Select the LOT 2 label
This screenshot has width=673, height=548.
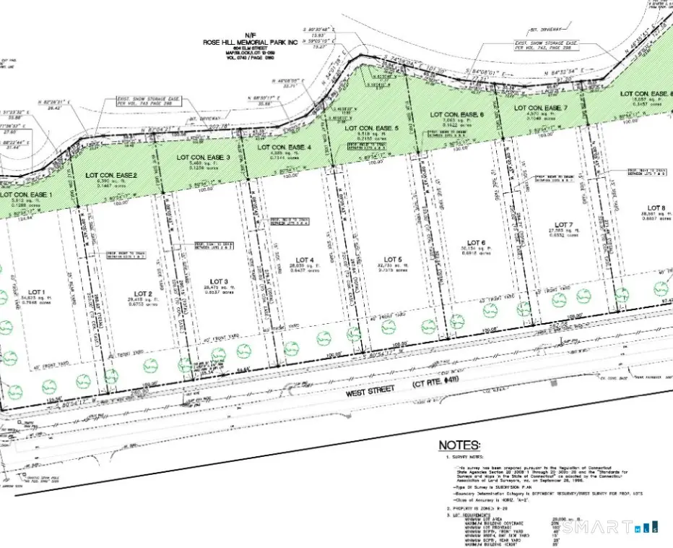point(141,293)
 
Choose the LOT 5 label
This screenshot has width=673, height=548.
point(392,259)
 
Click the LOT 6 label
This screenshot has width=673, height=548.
point(476,242)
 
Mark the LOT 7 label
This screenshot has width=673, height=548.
point(560,225)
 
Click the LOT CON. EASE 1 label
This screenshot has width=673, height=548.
point(27,196)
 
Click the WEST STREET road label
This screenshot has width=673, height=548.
point(372,389)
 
